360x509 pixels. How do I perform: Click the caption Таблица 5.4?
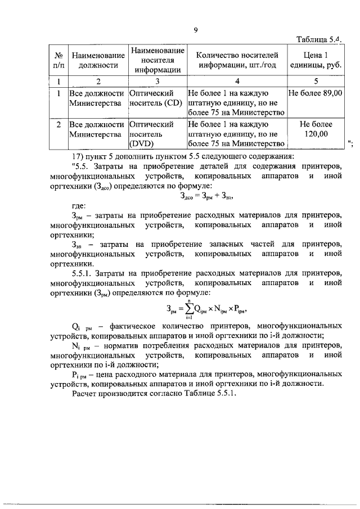click(318, 39)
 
